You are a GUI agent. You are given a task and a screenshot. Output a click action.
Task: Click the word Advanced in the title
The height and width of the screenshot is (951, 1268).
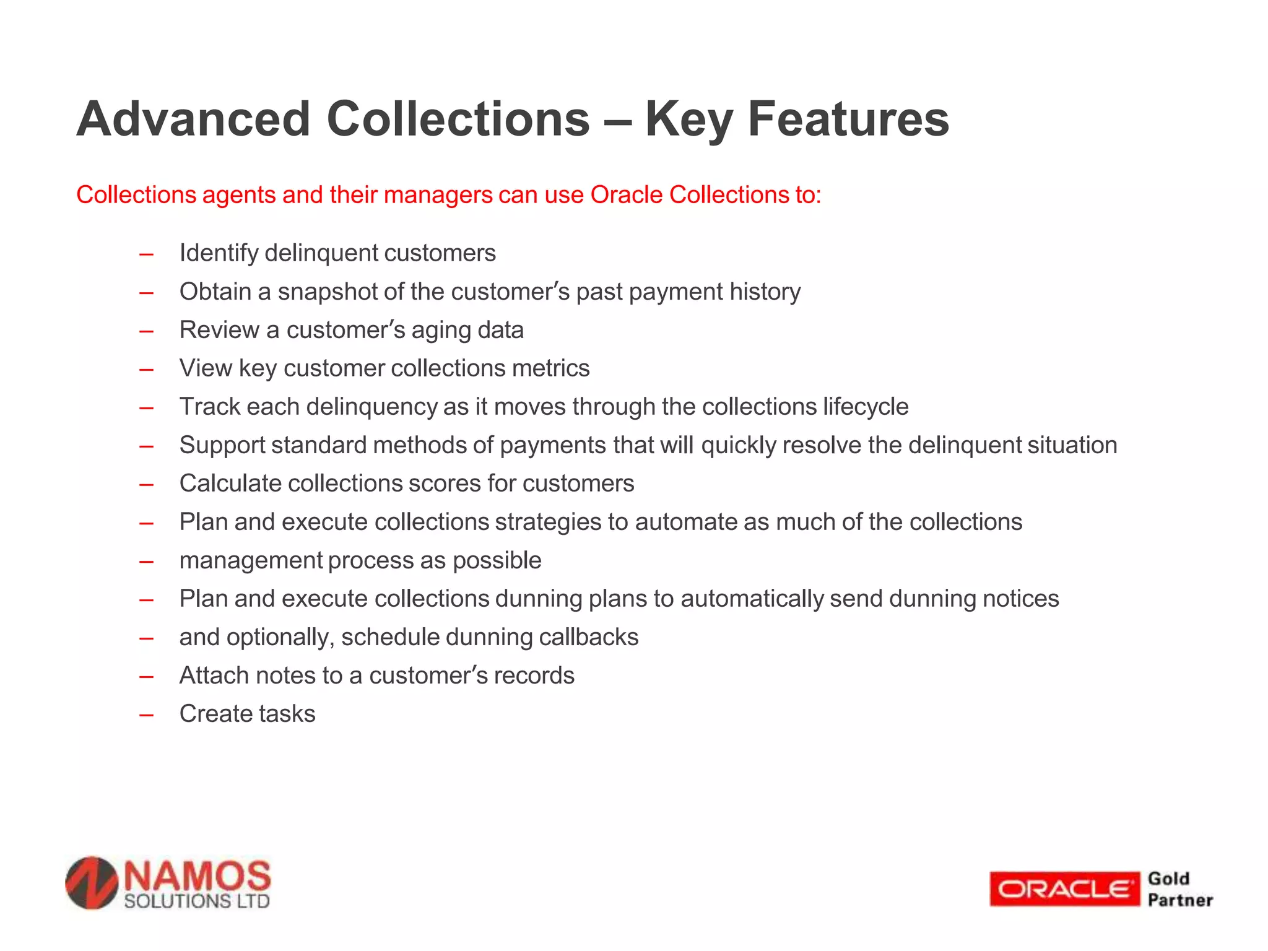pos(193,119)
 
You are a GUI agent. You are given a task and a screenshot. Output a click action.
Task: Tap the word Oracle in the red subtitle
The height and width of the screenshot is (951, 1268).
pos(626,195)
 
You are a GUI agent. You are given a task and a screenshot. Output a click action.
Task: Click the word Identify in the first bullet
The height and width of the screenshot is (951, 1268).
pos(219,253)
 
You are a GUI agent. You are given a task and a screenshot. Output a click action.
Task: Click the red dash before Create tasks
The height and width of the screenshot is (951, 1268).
pos(147,715)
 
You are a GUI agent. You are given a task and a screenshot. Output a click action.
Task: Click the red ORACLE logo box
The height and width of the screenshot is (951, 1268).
pos(1063,889)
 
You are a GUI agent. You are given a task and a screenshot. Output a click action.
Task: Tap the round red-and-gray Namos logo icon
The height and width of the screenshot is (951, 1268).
pos(92,883)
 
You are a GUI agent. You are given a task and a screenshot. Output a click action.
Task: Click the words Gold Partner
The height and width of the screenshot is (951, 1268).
pos(1179,889)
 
